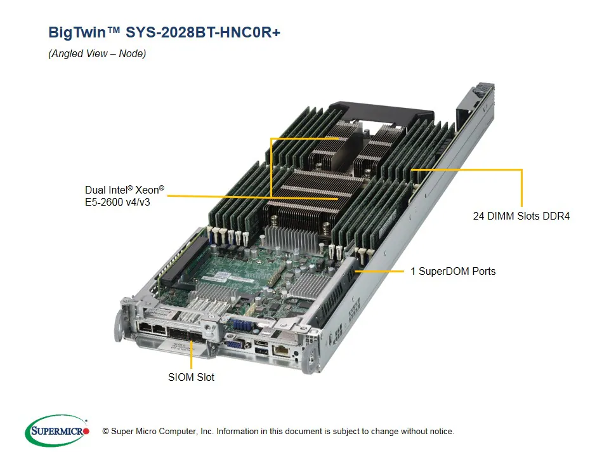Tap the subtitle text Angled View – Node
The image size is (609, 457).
(97, 54)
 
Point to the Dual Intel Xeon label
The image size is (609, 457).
(124, 190)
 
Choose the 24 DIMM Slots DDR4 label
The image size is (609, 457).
(521, 216)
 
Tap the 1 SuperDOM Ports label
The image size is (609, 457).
(452, 272)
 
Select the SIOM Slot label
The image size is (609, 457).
(191, 377)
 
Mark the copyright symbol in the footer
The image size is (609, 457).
(106, 432)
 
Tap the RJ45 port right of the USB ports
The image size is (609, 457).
(279, 350)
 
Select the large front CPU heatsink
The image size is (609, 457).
(311, 197)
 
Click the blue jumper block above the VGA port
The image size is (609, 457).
(243, 324)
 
